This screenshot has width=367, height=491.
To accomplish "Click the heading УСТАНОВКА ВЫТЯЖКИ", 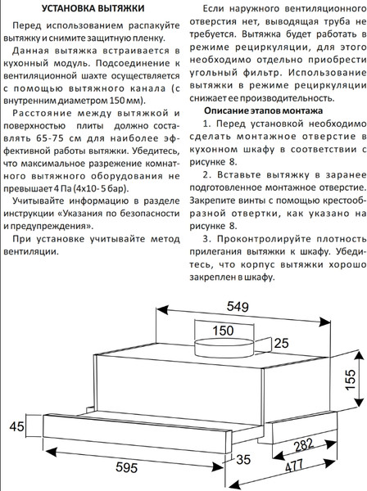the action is click(x=85, y=10).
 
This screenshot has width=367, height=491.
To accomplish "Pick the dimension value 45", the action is click(x=15, y=427).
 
